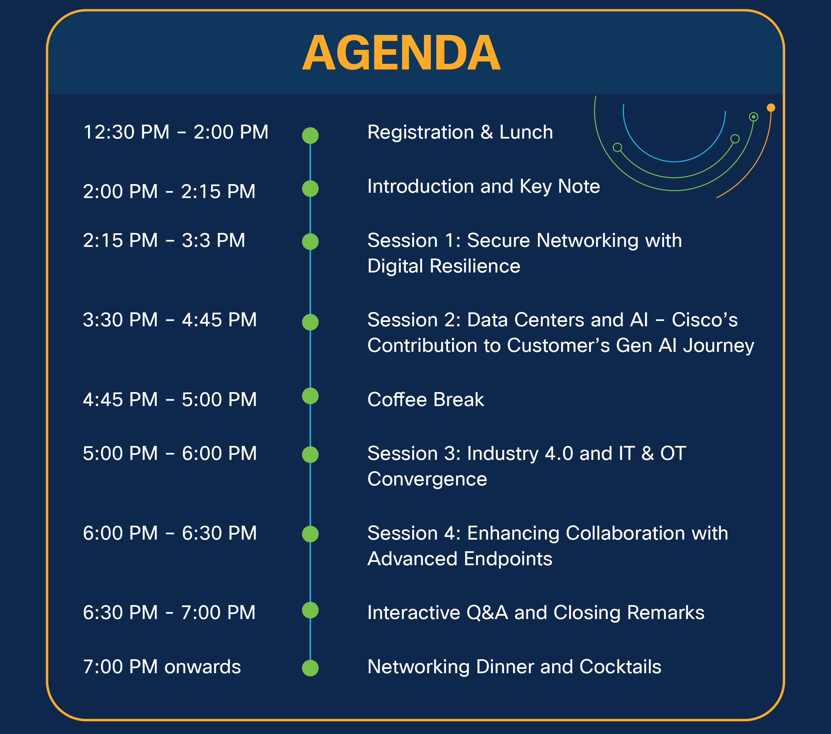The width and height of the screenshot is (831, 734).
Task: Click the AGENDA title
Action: [401, 53]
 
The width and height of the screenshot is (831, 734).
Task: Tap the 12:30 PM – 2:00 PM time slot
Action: [176, 132]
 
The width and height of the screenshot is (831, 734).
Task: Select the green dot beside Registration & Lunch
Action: [310, 135]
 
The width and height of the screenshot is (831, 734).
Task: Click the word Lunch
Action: [526, 132]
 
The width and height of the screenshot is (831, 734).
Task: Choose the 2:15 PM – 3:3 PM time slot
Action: [164, 240]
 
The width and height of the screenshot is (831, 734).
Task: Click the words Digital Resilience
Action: [443, 266]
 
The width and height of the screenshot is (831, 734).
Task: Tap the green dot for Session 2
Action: [310, 322]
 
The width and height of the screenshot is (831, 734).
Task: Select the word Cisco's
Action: [705, 320]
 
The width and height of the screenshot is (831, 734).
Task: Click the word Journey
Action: [718, 346]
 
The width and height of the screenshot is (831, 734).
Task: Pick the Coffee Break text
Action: [426, 399]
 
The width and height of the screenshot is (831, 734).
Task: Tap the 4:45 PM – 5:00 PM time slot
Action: [170, 399]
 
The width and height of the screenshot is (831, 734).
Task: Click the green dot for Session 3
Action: [310, 454]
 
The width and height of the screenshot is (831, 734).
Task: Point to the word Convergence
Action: [427, 479]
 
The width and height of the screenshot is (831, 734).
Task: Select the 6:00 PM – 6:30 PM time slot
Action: [170, 533]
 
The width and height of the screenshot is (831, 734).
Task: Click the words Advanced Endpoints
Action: [460, 559]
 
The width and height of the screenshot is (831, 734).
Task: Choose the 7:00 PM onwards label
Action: [162, 667]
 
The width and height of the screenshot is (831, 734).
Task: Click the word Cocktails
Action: [620, 667]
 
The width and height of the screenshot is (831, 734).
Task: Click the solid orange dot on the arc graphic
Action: [771, 108]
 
